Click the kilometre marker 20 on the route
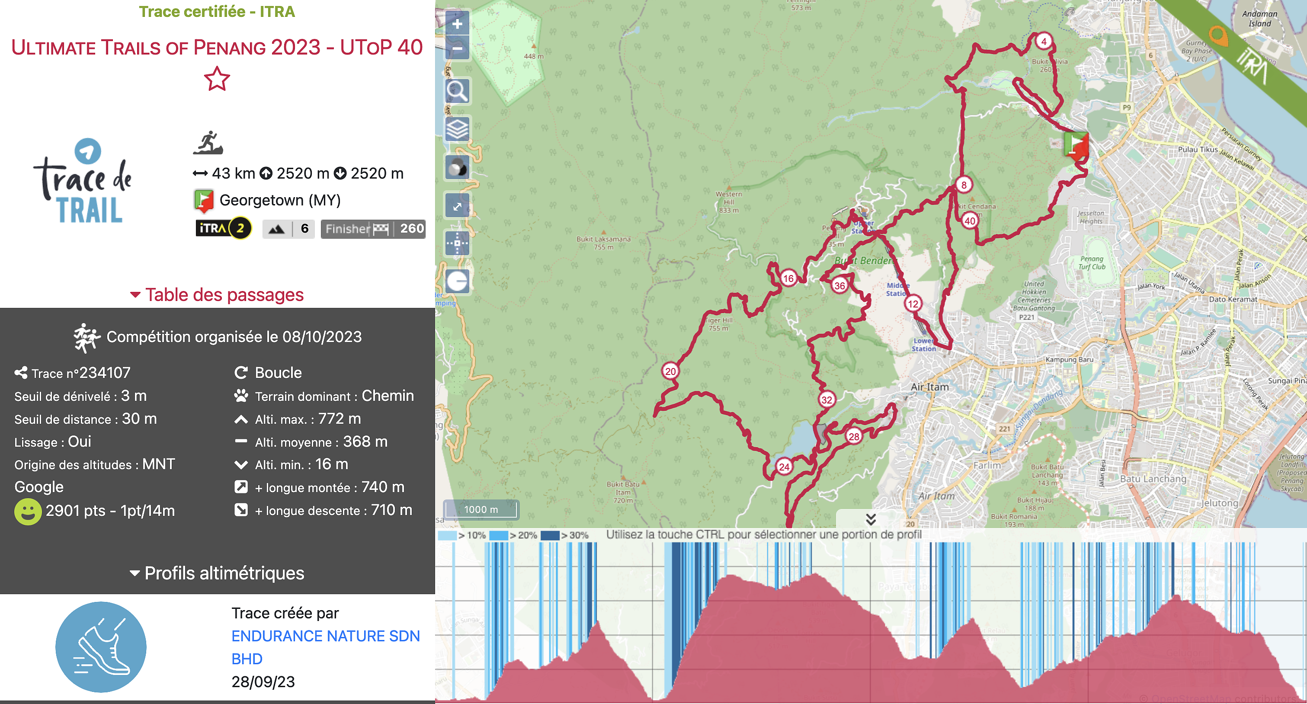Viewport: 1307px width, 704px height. [x=670, y=371]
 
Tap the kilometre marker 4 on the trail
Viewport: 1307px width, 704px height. [x=1043, y=41]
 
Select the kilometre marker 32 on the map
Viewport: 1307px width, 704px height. [x=826, y=400]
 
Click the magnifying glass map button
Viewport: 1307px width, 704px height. [x=457, y=91]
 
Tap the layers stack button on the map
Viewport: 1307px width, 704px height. [x=457, y=129]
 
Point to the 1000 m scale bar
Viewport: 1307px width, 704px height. [x=481, y=509]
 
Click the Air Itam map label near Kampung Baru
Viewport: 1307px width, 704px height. [x=929, y=387]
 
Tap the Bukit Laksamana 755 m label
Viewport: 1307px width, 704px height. [x=603, y=243]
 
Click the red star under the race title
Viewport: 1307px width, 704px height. [x=217, y=79]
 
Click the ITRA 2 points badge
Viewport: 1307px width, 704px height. [x=223, y=228]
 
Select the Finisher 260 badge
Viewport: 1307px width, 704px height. [x=373, y=229]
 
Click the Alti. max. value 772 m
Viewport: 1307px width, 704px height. [x=339, y=419]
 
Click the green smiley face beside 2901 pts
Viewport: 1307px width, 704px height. [x=27, y=511]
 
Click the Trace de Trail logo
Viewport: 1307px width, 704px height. [x=84, y=182]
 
